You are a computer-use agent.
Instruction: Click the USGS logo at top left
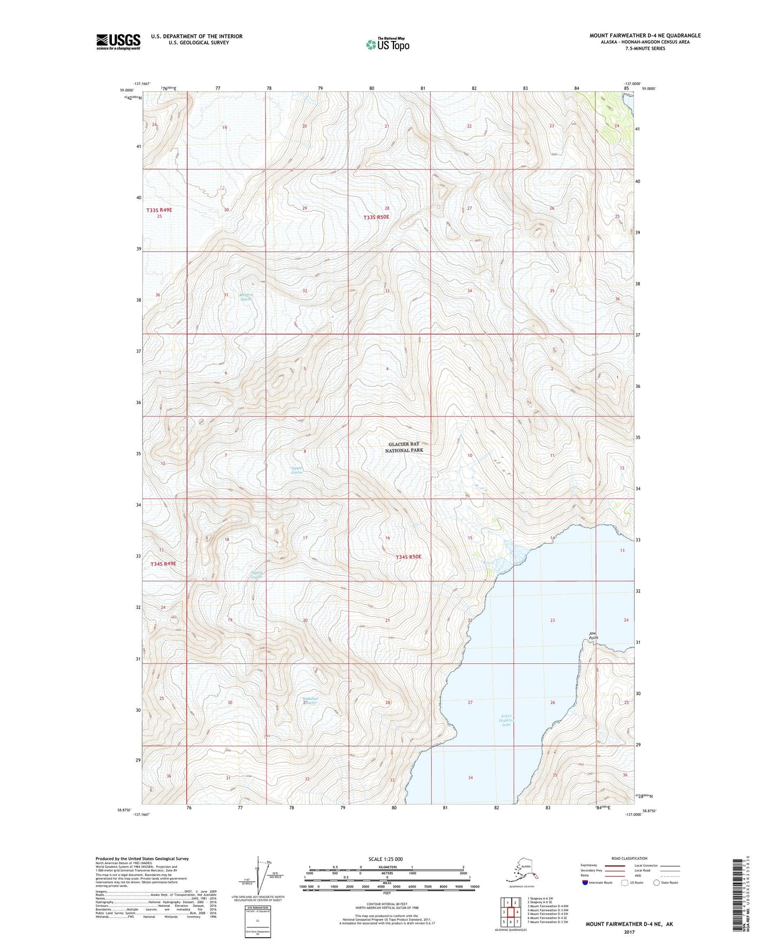pyautogui.click(x=118, y=42)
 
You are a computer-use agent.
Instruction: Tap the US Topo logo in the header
pyautogui.click(x=387, y=44)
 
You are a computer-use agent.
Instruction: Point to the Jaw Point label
pyautogui.click(x=593, y=635)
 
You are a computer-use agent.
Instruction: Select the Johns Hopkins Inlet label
pyautogui.click(x=506, y=720)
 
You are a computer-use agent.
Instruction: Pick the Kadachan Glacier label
pyautogui.click(x=310, y=700)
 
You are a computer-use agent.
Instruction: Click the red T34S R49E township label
pyautogui.click(x=163, y=563)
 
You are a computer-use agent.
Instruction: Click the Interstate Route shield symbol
pyautogui.click(x=585, y=883)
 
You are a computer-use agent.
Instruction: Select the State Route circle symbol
pyautogui.click(x=657, y=883)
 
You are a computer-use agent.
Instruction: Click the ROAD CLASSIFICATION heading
pyautogui.click(x=629, y=858)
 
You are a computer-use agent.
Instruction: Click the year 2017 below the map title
pyautogui.click(x=629, y=932)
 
